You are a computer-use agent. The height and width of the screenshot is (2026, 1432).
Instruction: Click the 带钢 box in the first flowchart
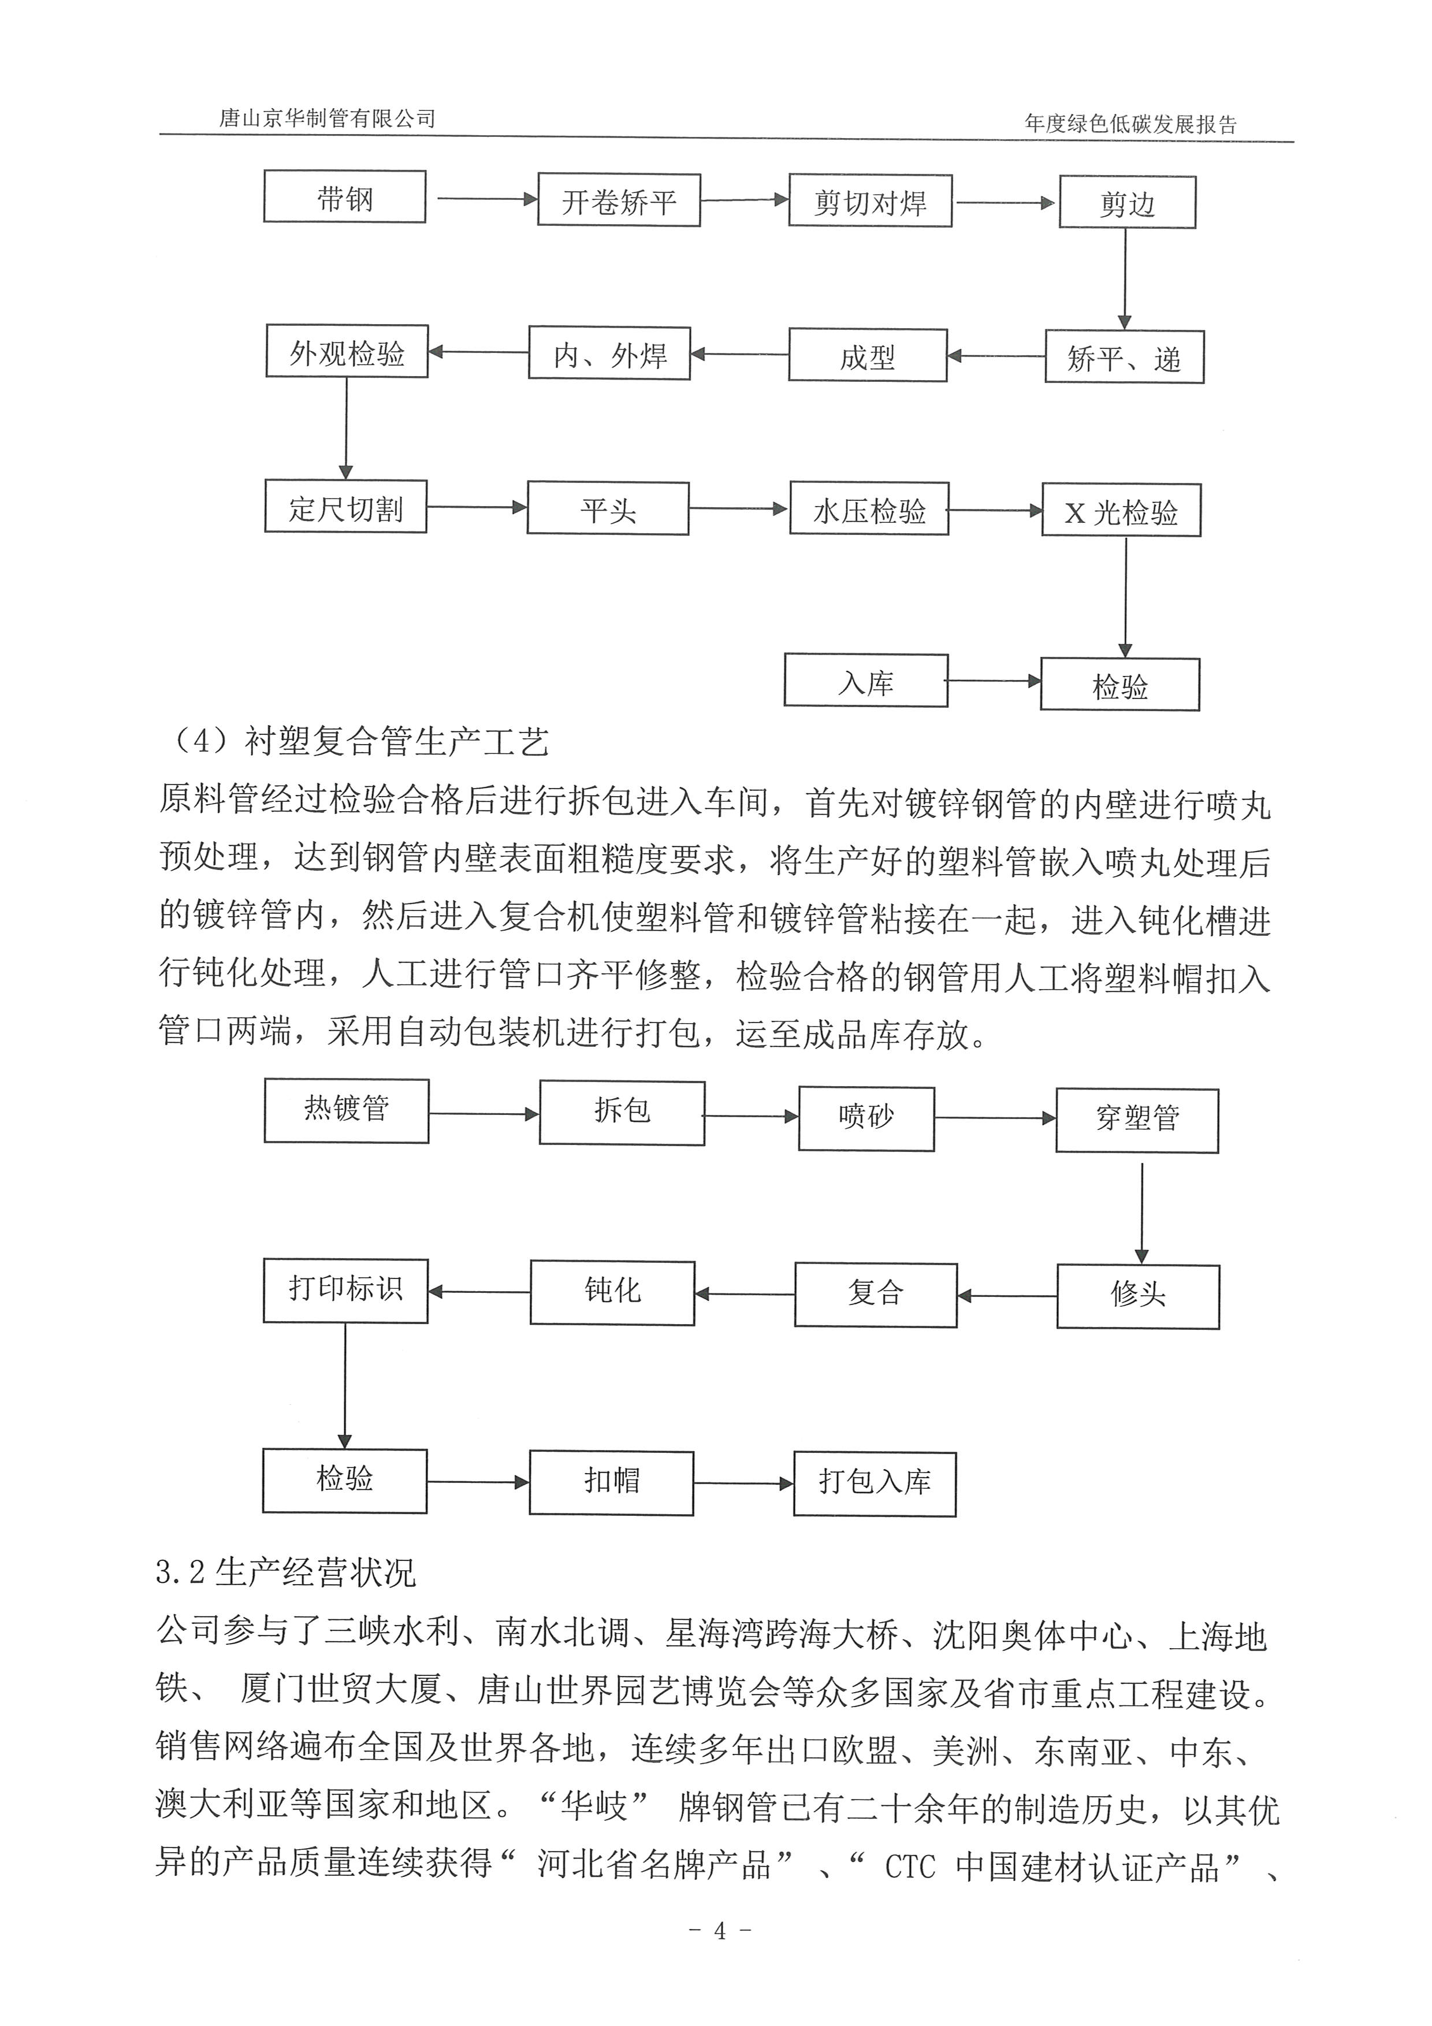pyautogui.click(x=344, y=197)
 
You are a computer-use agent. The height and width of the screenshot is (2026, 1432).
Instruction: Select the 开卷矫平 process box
pyautogui.click(x=619, y=200)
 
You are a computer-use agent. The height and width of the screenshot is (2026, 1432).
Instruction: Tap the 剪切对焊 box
pyautogui.click(x=869, y=201)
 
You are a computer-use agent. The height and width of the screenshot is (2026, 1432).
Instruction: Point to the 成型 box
pyautogui.click(x=867, y=356)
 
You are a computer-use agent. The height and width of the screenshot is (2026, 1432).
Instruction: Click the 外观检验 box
pyautogui.click(x=347, y=351)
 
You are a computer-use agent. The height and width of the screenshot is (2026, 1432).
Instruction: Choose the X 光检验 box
pyautogui.click(x=1121, y=510)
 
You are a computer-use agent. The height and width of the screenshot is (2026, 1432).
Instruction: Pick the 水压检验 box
pyautogui.click(x=869, y=508)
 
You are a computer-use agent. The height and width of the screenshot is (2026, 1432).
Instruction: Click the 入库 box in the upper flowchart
pyautogui.click(x=865, y=681)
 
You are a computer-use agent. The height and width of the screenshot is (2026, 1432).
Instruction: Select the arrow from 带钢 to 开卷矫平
pyautogui.click(x=486, y=199)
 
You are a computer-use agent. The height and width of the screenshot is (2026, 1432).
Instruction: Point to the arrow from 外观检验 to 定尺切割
pyautogui.click(x=346, y=428)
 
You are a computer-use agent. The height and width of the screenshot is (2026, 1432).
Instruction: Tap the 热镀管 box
pyautogui.click(x=346, y=1111)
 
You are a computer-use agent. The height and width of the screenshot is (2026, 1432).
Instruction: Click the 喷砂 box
pyautogui.click(x=865, y=1118)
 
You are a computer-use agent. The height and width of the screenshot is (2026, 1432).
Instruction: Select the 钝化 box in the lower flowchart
pyautogui.click(x=612, y=1293)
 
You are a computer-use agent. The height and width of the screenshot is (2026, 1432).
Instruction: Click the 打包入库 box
pyautogui.click(x=875, y=1484)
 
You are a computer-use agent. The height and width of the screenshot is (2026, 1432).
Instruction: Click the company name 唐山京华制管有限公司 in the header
pyautogui.click(x=328, y=118)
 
